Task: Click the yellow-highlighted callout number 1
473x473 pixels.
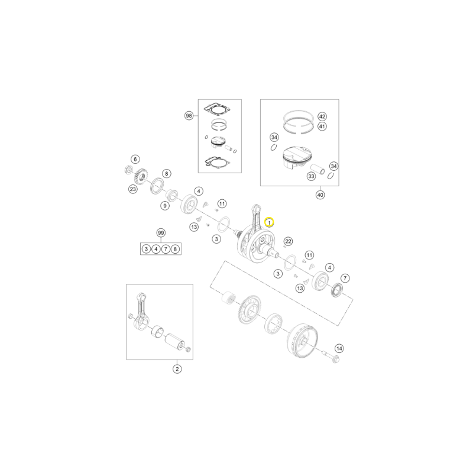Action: coord(269,223)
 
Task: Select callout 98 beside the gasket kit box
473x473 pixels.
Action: coord(189,115)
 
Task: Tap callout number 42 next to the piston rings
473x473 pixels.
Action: coord(322,116)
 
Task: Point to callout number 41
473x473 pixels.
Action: coord(322,126)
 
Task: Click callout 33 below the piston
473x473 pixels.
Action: coord(311,176)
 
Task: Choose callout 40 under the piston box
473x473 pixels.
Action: coord(320,195)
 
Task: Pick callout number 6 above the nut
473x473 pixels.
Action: coord(135,159)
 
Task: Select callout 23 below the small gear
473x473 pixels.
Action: coord(132,189)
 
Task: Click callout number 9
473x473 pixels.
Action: coord(165,206)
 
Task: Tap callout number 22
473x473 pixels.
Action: coord(289,241)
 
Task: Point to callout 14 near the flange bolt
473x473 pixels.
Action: coord(339,349)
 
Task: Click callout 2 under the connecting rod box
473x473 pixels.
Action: coord(177,368)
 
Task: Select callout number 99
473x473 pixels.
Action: coord(161,233)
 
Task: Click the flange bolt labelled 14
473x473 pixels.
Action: coord(331,357)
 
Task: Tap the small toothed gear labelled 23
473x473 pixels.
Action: coord(141,176)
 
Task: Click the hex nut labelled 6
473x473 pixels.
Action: coord(128,170)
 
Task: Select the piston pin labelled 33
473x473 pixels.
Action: coord(318,169)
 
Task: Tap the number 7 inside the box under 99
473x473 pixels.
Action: coord(166,249)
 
